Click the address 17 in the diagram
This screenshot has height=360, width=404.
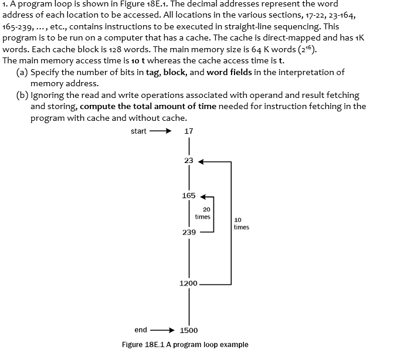[x=189, y=131]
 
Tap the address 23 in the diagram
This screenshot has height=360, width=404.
[x=189, y=160]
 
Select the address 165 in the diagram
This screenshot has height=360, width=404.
[x=189, y=195]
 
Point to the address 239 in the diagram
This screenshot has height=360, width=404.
[x=189, y=232]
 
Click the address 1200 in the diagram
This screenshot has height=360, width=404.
[x=189, y=283]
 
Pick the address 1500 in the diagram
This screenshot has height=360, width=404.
[x=189, y=330]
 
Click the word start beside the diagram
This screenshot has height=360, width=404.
[x=139, y=131]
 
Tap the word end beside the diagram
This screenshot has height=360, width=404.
[x=141, y=330]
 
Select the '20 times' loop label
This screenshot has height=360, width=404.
[x=203, y=213]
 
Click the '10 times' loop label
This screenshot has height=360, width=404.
[x=241, y=223]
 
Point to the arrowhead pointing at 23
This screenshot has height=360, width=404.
[x=203, y=160]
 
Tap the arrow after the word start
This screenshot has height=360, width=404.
[x=160, y=131]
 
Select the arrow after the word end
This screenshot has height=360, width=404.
[x=162, y=330]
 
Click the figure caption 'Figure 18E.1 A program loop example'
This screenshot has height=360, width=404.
[x=185, y=344]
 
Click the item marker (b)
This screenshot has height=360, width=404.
[x=22, y=94]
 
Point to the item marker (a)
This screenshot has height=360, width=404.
[x=22, y=72]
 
